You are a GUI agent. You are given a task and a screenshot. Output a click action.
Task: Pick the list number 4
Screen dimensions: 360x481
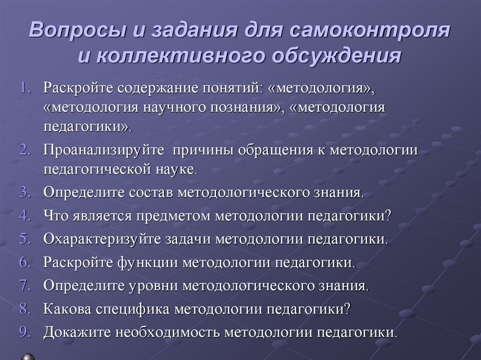(24, 215)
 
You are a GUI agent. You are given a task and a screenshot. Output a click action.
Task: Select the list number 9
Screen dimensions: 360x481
(24, 332)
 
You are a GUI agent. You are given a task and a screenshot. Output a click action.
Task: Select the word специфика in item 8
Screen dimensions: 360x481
(134, 309)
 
